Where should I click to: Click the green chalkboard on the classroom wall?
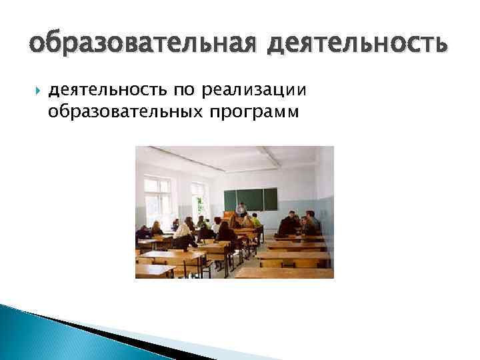coord(250,199)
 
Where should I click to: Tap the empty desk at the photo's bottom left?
coord(155,269)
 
